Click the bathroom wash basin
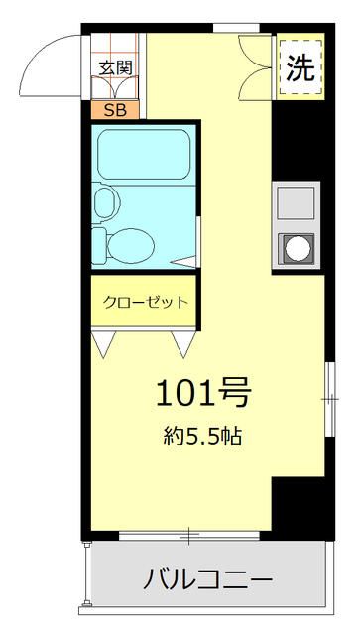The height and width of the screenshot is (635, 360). tap(104, 204)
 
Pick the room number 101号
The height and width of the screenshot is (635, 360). tap(201, 394)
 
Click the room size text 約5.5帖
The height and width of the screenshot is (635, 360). tap(203, 435)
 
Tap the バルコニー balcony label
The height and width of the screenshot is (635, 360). tap(206, 577)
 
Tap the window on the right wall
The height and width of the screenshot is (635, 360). tap(328, 397)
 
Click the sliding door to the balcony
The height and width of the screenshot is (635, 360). tap(188, 538)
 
